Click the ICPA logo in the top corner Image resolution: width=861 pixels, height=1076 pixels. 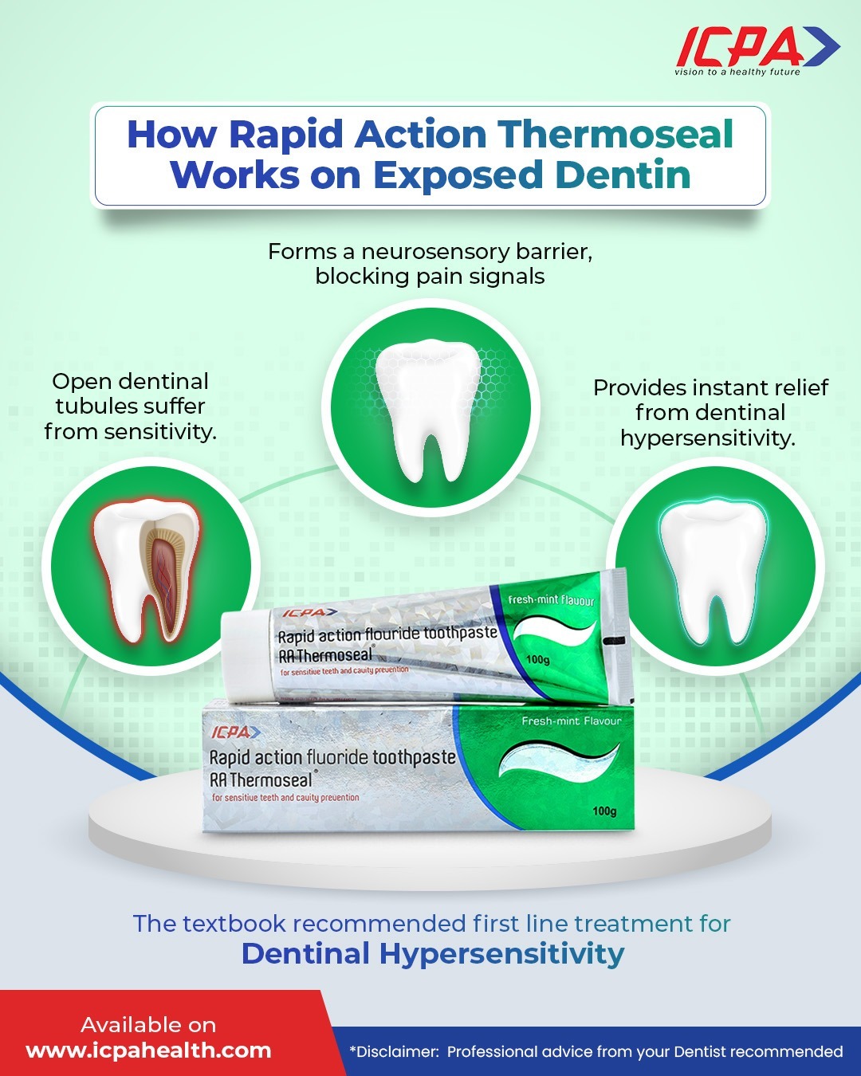pos(757,51)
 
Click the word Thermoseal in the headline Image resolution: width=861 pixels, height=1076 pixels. pos(615,134)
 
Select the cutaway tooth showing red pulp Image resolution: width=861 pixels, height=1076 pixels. pos(147,570)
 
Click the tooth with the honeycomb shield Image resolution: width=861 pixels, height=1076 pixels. pos(429,410)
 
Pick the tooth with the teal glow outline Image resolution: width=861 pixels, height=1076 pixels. pos(714,570)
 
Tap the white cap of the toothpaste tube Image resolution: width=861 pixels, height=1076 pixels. pos(246,656)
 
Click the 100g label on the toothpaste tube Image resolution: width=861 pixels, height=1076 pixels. pos(538,659)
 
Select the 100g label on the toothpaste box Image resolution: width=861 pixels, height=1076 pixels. pos(604,811)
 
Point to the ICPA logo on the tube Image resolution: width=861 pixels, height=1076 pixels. pos(309,612)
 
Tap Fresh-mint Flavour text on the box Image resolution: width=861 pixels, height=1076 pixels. pos(572,721)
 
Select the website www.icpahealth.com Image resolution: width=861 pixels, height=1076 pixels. pos(148,1050)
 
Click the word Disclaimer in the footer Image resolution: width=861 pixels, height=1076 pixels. pos(393,1051)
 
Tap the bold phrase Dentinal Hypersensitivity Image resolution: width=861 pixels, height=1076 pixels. pos(433,953)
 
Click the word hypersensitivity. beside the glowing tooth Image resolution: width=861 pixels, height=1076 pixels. pos(708,438)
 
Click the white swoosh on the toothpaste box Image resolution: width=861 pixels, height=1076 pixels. pos(560,760)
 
